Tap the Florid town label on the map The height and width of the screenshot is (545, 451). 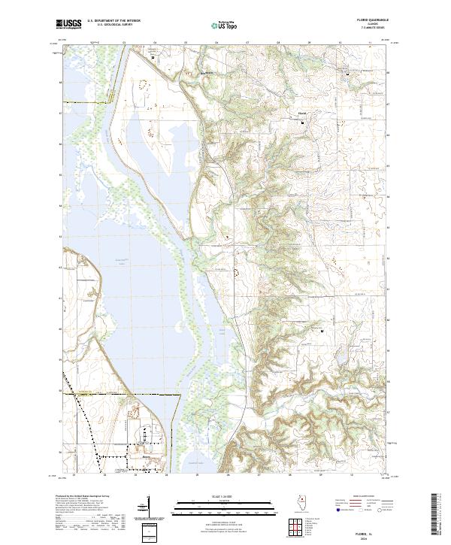(x=302, y=114)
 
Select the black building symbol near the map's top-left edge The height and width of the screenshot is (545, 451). (x=153, y=57)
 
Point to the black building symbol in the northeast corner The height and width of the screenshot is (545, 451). (x=347, y=74)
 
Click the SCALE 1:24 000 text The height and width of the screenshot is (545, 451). (x=225, y=496)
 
